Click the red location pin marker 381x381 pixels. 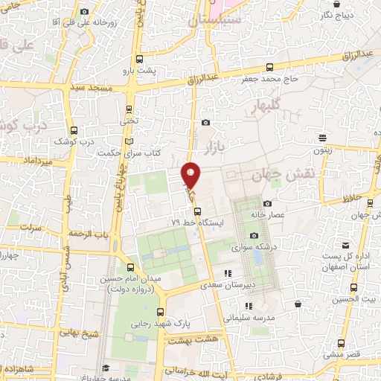click(191, 174)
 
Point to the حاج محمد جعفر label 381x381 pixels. click(269, 78)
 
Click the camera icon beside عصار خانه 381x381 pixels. click(267, 203)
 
